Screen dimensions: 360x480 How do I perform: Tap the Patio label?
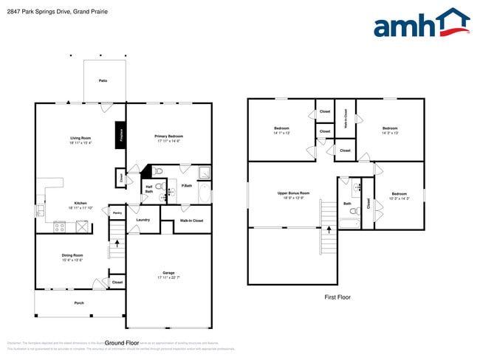click(x=103, y=80)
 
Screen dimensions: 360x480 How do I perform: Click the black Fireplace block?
click(x=120, y=136)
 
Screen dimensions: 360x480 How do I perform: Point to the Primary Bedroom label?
click(x=168, y=136)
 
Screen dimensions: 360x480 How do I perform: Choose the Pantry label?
click(x=117, y=212)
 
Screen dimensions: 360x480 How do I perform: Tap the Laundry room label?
click(x=143, y=219)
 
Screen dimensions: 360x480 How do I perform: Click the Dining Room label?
click(x=72, y=256)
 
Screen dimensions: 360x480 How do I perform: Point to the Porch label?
click(x=79, y=302)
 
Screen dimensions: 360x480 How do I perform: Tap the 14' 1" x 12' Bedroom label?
click(x=281, y=130)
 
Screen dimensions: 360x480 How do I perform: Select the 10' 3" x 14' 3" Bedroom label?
click(x=399, y=195)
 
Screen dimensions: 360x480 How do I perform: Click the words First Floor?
click(x=337, y=297)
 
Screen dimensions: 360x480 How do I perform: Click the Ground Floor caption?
click(x=123, y=343)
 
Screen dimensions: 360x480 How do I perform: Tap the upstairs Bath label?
click(x=347, y=204)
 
